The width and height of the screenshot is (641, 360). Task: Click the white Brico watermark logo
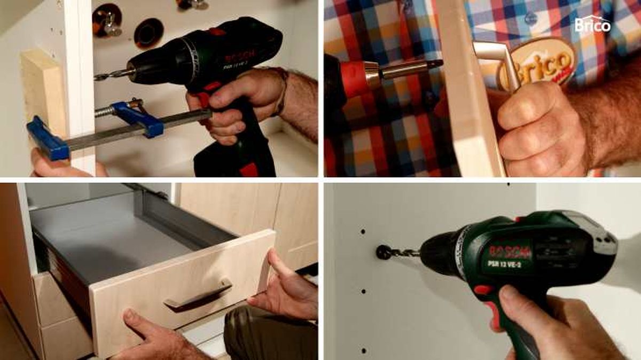coord(592,24)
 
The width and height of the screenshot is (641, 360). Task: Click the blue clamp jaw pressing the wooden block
coord(48,138)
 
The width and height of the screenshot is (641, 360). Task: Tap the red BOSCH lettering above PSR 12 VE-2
coord(510,251)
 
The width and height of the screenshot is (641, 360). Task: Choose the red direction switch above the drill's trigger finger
coord(484,290)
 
